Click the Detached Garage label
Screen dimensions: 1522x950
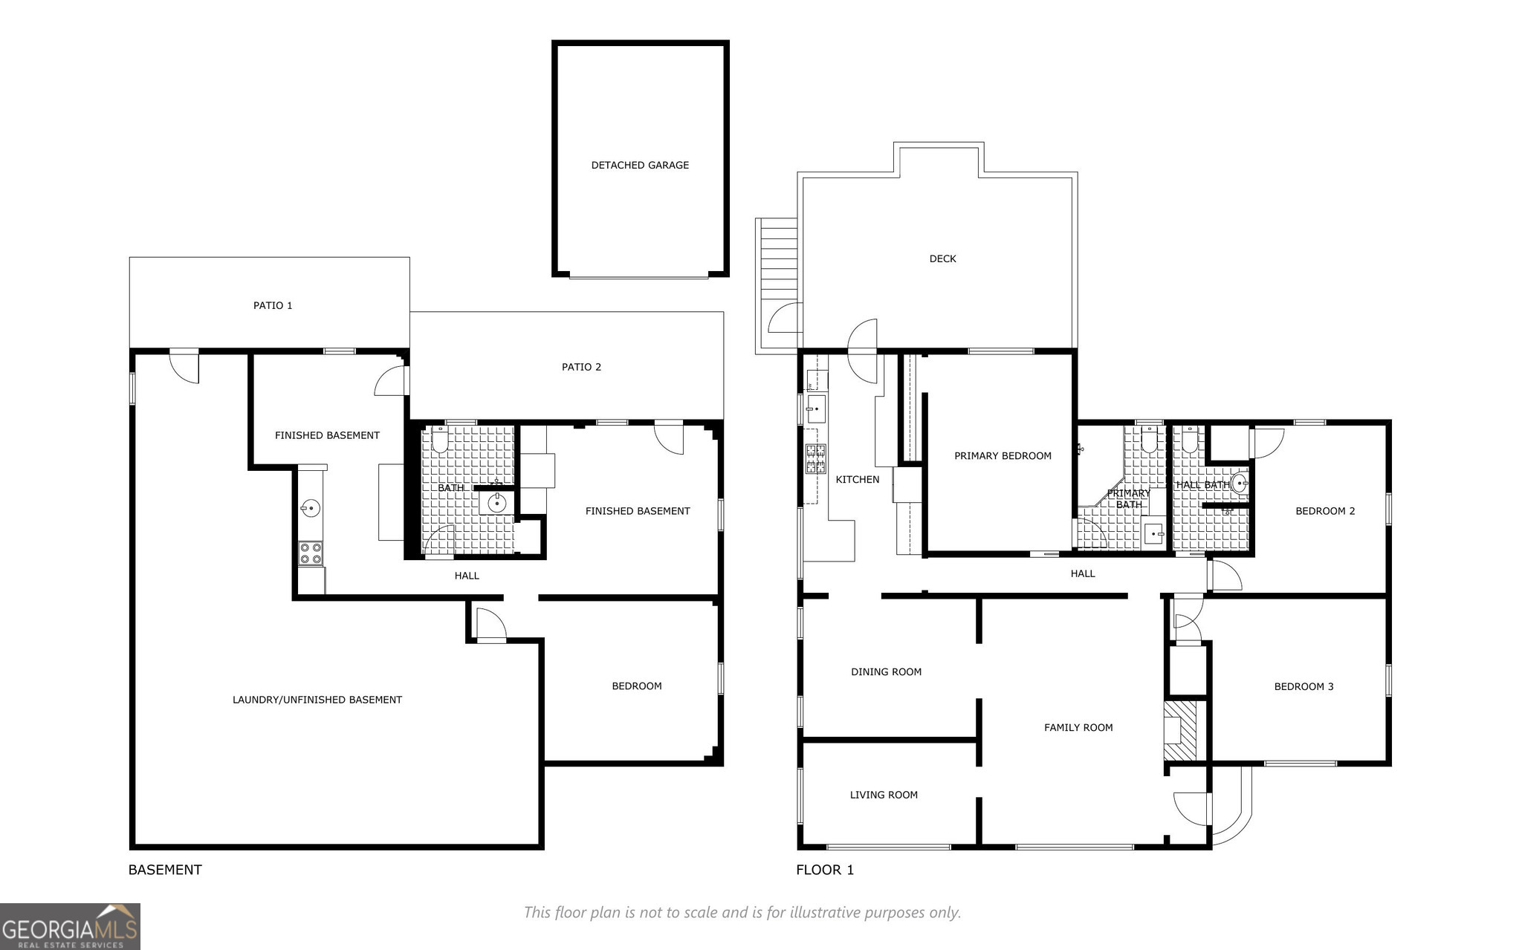pos(640,165)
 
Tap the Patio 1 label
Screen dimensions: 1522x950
pos(273,305)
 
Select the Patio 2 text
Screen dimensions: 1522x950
pos(581,367)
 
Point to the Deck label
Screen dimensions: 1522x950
pos(942,258)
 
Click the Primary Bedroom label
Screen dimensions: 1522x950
pos(1003,456)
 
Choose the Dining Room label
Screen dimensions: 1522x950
pos(886,671)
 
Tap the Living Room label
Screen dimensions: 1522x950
pos(884,795)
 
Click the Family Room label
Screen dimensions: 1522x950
pos(1078,727)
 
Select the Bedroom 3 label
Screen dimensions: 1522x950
pos(1304,686)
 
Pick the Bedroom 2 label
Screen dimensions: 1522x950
pos(1325,511)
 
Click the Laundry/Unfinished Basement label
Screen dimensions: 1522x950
pos(317,700)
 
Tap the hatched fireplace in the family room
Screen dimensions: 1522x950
pos(1181,730)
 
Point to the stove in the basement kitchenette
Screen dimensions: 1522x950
pos(311,554)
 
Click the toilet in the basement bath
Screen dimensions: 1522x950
pos(439,440)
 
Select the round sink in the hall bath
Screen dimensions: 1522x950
pos(1238,484)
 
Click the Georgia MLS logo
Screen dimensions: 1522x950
pos(70,926)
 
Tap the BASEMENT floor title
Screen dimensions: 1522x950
pos(165,870)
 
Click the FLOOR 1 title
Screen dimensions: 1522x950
pos(825,870)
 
